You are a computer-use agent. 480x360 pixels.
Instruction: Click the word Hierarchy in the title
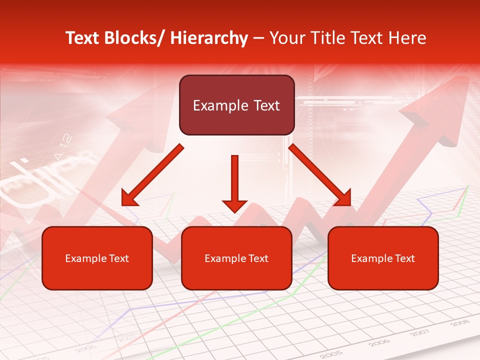209,38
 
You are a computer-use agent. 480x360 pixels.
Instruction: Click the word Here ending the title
408,38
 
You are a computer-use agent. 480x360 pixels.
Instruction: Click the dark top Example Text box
236,105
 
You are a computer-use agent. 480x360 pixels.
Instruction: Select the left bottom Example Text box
97,258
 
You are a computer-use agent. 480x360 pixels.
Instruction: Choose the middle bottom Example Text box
236,258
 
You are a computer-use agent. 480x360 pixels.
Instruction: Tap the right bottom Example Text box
383,258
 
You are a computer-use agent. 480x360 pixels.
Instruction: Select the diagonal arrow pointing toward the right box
320,175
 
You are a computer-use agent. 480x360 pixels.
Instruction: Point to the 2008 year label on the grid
459,323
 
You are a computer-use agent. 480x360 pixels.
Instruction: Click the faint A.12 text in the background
63,147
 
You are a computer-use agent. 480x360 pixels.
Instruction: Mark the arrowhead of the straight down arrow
234,205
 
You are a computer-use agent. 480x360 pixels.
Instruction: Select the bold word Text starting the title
83,38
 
